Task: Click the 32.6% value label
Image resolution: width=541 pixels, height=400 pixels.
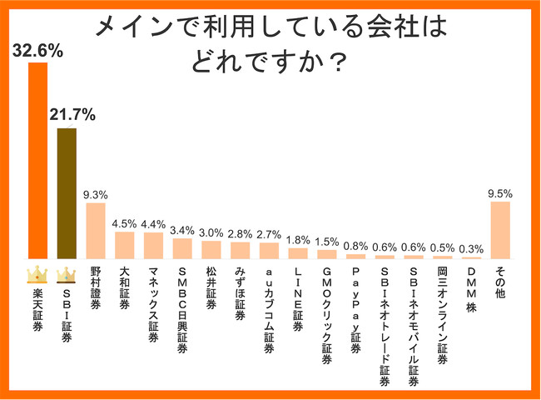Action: (37, 50)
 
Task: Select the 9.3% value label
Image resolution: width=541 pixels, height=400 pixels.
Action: (96, 194)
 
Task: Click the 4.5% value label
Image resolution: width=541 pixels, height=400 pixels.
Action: (124, 222)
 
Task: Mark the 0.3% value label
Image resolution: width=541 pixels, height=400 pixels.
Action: (472, 248)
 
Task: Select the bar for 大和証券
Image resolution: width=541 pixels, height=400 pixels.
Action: (124, 245)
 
